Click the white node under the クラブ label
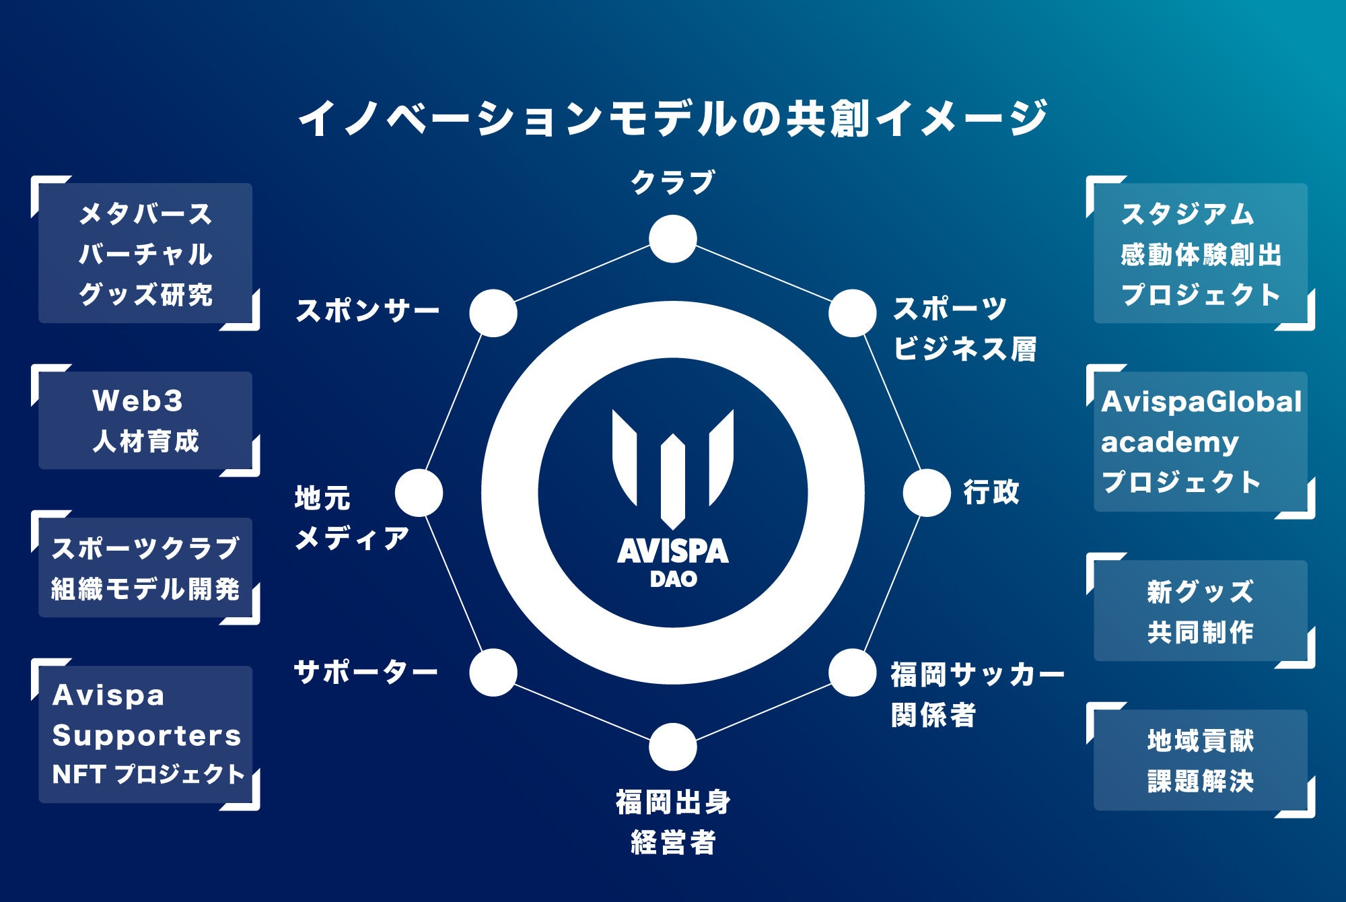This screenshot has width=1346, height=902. pyautogui.click(x=672, y=239)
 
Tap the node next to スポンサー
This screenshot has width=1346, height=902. pyautogui.click(x=493, y=313)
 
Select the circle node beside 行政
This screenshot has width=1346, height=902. pyautogui.click(x=927, y=493)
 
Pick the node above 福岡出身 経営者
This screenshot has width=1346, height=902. pyautogui.click(x=672, y=747)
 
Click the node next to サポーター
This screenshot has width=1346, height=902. pyautogui.click(x=493, y=672)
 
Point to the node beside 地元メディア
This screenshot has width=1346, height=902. pyautogui.click(x=419, y=493)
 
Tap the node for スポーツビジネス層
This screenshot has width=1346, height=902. pyautogui.click(x=852, y=313)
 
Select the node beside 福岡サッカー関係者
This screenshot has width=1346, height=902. pyautogui.click(x=852, y=672)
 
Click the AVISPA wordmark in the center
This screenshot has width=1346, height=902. pyautogui.click(x=672, y=551)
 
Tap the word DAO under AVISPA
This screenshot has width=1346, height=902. pyautogui.click(x=672, y=580)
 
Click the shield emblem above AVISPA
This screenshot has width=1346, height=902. pyautogui.click(x=672, y=468)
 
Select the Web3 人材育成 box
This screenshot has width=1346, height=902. pyautogui.click(x=145, y=421)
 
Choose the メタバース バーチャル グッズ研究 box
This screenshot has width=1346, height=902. pyautogui.click(x=145, y=254)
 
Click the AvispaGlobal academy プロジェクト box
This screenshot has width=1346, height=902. pyautogui.click(x=1201, y=442)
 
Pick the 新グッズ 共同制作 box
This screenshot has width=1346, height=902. pyautogui.click(x=1201, y=611)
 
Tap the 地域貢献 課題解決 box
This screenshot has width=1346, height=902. pyautogui.click(x=1201, y=761)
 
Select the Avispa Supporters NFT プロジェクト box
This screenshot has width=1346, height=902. pyautogui.click(x=145, y=734)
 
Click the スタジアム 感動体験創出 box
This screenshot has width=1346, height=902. pyautogui.click(x=1201, y=254)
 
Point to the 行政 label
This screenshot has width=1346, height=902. pyautogui.click(x=991, y=492)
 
